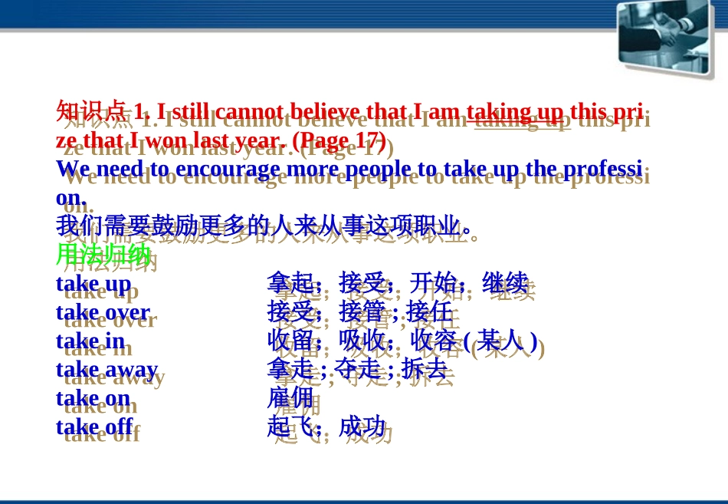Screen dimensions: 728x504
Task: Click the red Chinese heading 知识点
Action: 91,111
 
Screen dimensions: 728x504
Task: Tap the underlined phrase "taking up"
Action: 515,112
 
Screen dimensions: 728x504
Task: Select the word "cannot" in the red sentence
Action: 249,112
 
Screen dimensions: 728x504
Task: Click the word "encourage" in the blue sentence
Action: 228,170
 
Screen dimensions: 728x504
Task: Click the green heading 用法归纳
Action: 103,255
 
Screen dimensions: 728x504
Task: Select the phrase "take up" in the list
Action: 93,285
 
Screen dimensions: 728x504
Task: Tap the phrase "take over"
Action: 103,312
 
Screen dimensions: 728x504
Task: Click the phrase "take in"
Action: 90,341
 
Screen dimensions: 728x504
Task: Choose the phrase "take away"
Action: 107,370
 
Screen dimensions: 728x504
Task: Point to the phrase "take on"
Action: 93,399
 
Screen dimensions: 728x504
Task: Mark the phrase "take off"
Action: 95,427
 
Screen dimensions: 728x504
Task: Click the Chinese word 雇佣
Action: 290,398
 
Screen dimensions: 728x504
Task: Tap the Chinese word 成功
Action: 362,427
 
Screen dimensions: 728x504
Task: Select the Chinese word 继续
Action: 505,283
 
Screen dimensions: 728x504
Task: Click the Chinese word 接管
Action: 362,312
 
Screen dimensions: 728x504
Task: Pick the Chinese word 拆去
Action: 425,370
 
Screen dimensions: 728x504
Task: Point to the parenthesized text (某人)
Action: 500,341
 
